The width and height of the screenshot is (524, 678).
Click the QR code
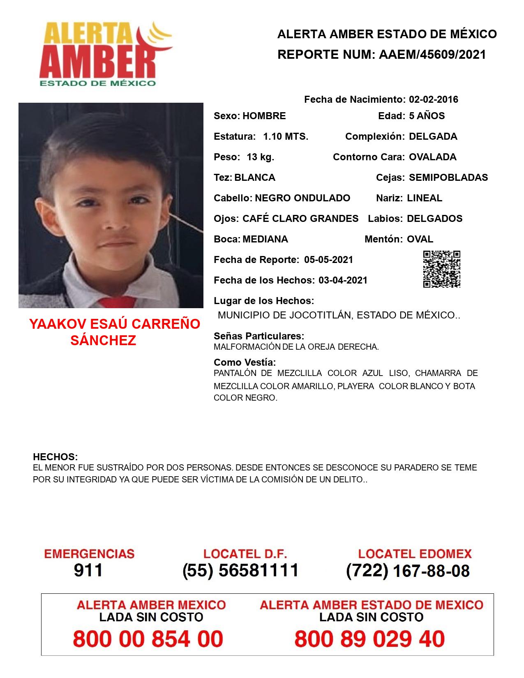[x=441, y=269]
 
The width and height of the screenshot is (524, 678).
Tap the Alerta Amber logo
[x=105, y=55]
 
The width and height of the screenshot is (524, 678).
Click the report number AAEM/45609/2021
[x=432, y=55]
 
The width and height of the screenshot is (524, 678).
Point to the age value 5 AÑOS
[x=427, y=116]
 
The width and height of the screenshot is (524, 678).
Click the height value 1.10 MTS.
[x=285, y=136]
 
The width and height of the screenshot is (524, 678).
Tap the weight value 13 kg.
[x=260, y=157]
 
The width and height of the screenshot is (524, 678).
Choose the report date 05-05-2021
[x=328, y=260]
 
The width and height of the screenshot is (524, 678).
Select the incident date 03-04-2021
[x=343, y=280]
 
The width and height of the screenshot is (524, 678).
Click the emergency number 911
[x=88, y=570]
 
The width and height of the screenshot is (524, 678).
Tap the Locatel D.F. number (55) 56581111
[x=240, y=570]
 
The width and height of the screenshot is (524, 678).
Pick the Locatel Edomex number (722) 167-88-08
[x=408, y=570]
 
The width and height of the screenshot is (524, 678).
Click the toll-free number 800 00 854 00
[x=148, y=639]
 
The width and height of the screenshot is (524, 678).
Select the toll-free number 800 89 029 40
[x=369, y=639]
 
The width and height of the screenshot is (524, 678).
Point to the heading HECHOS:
[x=55, y=457]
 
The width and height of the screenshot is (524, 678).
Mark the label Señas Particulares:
[x=259, y=336]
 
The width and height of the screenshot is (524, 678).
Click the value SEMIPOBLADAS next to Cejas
[x=448, y=178]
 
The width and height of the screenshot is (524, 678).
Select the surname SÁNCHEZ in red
[x=103, y=340]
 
